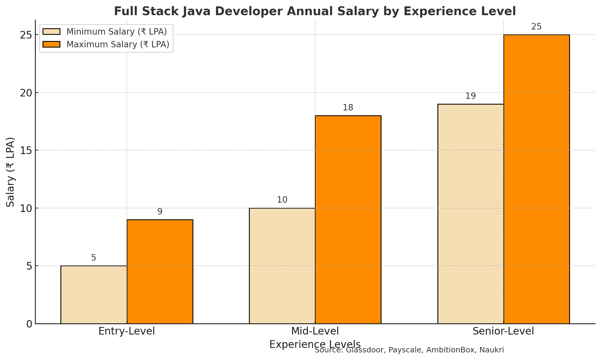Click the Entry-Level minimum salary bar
pos(94,295)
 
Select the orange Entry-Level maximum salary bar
pos(160,271)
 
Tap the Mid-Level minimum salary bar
pos(282,266)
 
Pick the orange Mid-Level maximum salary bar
pos(348,220)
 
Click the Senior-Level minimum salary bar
pos(470,214)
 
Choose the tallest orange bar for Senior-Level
pos(537,179)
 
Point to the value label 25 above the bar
pos(536,27)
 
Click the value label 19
pos(470,96)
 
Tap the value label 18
pos(348,108)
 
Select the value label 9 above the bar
pos(160,212)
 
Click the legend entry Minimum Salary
pos(117,32)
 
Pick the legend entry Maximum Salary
pos(118,44)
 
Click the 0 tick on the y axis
pos(29,324)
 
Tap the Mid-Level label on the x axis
pos(315,331)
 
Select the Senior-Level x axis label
pos(503,331)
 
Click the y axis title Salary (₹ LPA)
pos(11,172)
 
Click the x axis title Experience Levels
pos(315,345)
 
